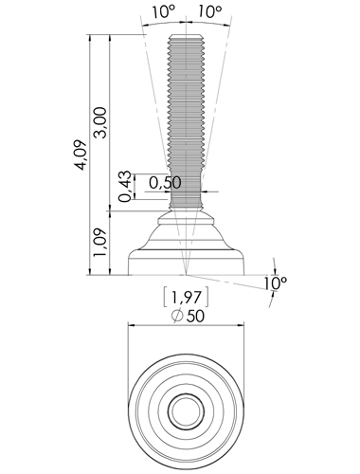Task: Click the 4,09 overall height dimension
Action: (x=81, y=155)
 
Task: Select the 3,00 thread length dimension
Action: (x=101, y=122)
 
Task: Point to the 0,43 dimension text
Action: (x=125, y=186)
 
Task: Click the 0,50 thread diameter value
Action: (x=165, y=183)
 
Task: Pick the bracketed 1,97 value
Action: (x=187, y=297)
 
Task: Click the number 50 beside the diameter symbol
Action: (x=195, y=316)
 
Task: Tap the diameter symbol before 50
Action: (x=177, y=316)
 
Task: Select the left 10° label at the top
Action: (x=163, y=12)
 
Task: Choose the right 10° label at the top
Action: (x=210, y=12)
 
